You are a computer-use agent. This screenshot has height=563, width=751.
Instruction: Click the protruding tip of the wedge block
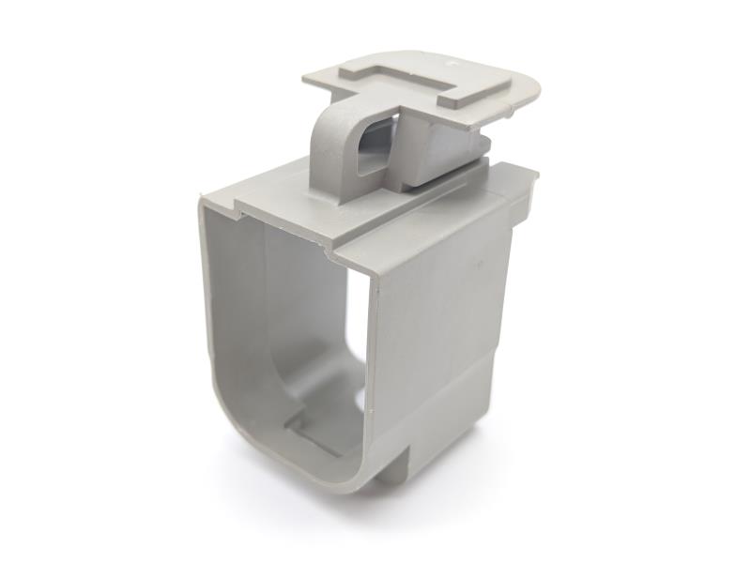tap(483, 141)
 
